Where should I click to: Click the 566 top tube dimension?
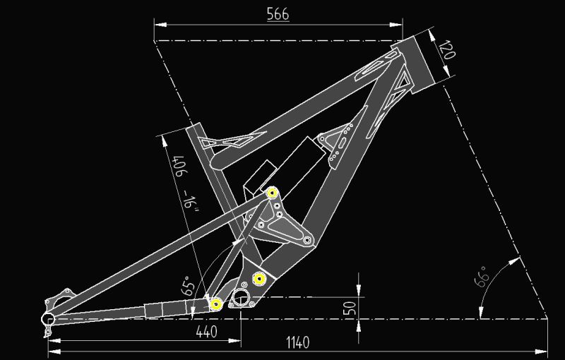pyautogui.click(x=278, y=14)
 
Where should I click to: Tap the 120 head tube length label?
pyautogui.click(x=448, y=49)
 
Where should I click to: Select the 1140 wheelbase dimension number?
pyautogui.click(x=297, y=342)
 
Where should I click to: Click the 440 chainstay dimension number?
pyautogui.click(x=206, y=332)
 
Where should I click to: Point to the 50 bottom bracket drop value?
pyautogui.click(x=350, y=308)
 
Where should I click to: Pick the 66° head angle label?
pyautogui.click(x=482, y=277)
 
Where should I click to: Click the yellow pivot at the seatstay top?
pyautogui.click(x=273, y=193)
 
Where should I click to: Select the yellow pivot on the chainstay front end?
pyautogui.click(x=216, y=304)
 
